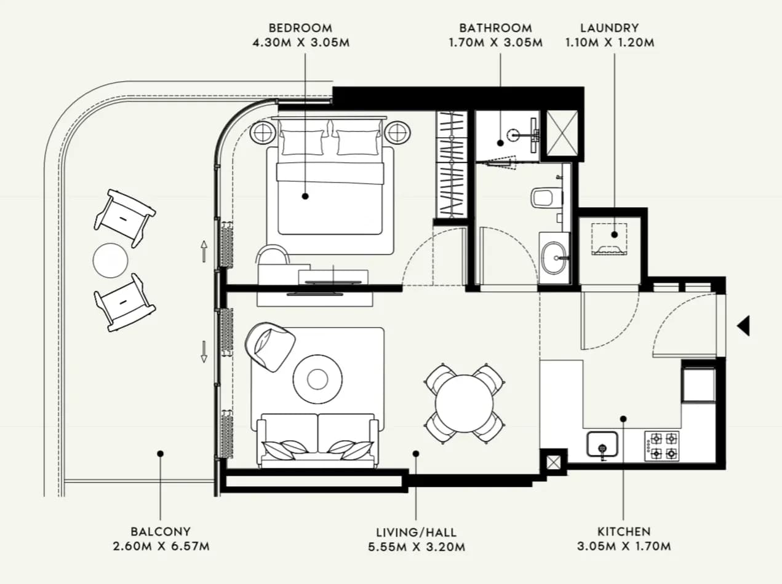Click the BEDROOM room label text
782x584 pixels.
pyautogui.click(x=300, y=28)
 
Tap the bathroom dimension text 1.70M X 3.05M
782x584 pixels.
pyautogui.click(x=495, y=42)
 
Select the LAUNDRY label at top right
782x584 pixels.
pyautogui.click(x=610, y=28)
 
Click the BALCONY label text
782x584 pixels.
pyautogui.click(x=161, y=532)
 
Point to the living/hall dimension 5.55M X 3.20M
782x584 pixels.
pyautogui.click(x=417, y=547)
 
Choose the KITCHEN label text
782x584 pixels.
pyautogui.click(x=624, y=532)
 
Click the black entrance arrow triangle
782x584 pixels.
pyautogui.click(x=743, y=326)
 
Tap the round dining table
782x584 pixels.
pyautogui.click(x=464, y=403)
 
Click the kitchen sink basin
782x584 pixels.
pyautogui.click(x=602, y=444)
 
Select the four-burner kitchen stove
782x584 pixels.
pyautogui.click(x=662, y=446)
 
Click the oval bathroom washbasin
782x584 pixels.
pyautogui.click(x=554, y=258)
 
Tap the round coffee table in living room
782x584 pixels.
pyautogui.click(x=317, y=379)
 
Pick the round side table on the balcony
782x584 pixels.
pyautogui.click(x=111, y=261)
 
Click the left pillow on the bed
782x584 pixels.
pyautogui.click(x=302, y=142)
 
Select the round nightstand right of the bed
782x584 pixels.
pyautogui.click(x=397, y=133)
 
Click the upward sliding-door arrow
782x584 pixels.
pyautogui.click(x=204, y=251)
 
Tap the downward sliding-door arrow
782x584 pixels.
pyautogui.click(x=204, y=352)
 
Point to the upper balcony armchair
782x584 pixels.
pyautogui.click(x=125, y=218)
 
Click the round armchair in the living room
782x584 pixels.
pyautogui.click(x=270, y=347)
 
